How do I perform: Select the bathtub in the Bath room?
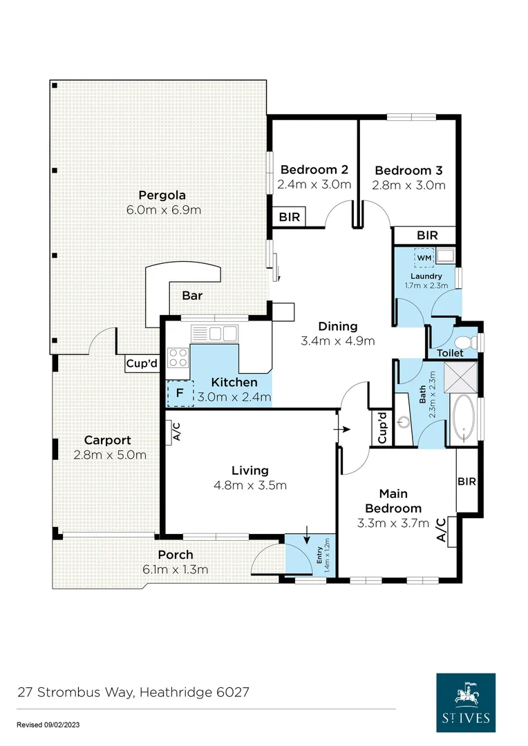461,420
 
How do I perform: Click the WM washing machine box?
424,258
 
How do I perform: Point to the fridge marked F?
180,392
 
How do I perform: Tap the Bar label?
191,296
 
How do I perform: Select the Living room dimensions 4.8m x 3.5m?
249,485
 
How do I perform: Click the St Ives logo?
465,701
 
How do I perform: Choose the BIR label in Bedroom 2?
290,217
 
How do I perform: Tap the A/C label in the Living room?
176,433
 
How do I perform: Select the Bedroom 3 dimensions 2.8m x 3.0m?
408,185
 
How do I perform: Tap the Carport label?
107,440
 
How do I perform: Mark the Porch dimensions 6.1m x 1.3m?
175,569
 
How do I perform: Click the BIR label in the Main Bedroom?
466,481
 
